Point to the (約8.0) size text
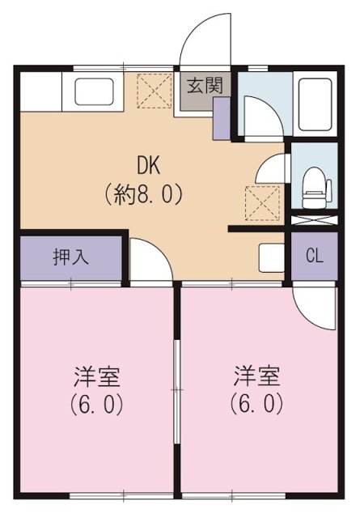(142, 194)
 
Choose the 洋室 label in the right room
(258, 376)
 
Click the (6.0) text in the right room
(258, 402)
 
